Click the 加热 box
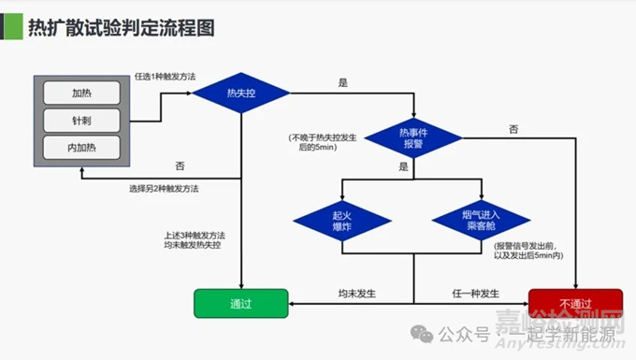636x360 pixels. click(x=81, y=93)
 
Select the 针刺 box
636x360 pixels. click(x=81, y=121)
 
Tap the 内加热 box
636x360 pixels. click(x=81, y=148)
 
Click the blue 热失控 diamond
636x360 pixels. click(x=241, y=94)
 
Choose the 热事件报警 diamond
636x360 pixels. click(x=412, y=138)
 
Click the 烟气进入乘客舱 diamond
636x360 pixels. click(x=479, y=221)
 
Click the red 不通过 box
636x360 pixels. click(x=573, y=304)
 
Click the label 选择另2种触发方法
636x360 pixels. click(x=165, y=188)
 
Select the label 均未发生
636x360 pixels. click(x=356, y=294)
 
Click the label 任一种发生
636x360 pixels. click(x=474, y=294)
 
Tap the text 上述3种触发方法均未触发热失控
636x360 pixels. click(x=195, y=239)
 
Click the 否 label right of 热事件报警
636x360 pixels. click(x=513, y=128)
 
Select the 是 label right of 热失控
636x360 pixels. click(x=342, y=83)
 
